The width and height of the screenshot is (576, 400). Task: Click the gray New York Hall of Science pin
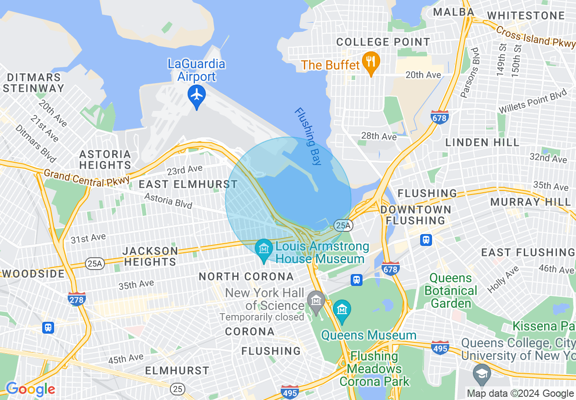[315, 300]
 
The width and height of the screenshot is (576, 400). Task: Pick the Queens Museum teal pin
[342, 310]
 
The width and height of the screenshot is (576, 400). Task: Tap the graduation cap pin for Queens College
[481, 374]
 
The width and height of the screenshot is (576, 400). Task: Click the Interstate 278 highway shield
[77, 299]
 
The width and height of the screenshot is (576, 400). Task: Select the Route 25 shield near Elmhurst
[177, 389]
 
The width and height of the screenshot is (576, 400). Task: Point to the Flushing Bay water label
[308, 136]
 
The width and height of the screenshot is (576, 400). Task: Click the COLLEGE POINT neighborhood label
[383, 42]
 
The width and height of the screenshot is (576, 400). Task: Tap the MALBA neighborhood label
[454, 12]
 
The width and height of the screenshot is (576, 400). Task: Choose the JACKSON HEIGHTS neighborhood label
[150, 256]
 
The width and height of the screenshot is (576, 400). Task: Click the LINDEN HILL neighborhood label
[482, 142]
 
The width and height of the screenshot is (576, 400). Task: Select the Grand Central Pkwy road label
[86, 177]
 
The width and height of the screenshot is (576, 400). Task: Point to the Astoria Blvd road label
[168, 200]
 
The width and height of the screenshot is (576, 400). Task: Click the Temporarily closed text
[262, 317]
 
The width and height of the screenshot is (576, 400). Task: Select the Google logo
[30, 389]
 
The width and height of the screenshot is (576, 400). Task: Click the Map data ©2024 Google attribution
[520, 394]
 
